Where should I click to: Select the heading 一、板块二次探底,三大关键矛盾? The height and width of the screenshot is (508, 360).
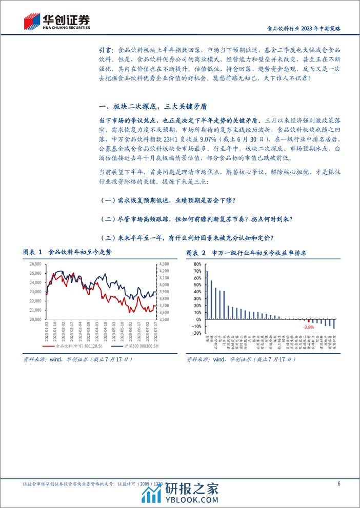click(153, 106)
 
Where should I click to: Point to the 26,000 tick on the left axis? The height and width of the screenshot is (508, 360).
click(35, 264)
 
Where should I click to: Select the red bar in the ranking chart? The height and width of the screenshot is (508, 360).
click(309, 321)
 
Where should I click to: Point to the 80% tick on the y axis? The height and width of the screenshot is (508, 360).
click(197, 264)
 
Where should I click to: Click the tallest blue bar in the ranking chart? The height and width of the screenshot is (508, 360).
click(207, 295)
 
